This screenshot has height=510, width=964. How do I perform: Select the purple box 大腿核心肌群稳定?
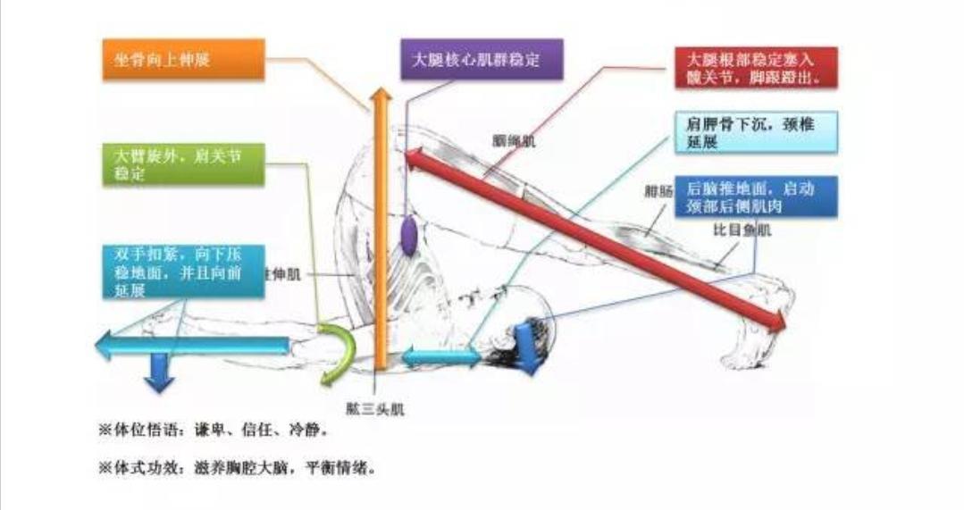click(481, 61)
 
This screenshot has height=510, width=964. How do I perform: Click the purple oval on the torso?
click(408, 235)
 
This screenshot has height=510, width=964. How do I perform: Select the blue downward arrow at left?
click(160, 372)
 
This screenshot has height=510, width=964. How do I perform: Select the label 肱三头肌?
click(375, 410)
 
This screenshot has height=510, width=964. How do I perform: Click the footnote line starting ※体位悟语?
click(212, 431)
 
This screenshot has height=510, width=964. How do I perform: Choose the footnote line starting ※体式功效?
click(237, 467)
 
